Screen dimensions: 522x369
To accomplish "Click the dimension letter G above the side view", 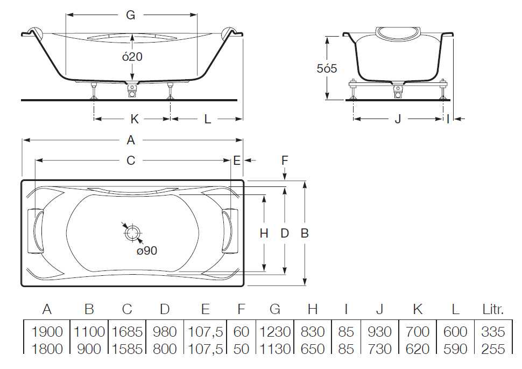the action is point(130,15).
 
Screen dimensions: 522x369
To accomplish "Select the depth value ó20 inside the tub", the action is point(132,57).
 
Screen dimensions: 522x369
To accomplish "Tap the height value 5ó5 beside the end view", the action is point(327,68).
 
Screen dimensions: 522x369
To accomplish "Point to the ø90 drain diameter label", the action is point(147,250).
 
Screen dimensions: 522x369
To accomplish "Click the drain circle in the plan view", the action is point(133,233).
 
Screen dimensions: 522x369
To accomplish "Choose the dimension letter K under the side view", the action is point(134,119).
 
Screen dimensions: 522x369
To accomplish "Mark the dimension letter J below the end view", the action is point(398,119).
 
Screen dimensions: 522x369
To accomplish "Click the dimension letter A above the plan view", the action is point(131,140).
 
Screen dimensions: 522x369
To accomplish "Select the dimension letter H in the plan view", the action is point(264,233).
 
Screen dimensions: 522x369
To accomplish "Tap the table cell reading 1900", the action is point(47,332).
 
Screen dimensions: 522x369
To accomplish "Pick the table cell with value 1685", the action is point(127,332).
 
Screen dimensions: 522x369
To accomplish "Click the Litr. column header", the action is point(493,309).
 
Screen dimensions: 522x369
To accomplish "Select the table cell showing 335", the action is point(493,332).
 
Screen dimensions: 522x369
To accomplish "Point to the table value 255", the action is point(493,349).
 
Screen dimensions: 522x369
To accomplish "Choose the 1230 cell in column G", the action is point(274,332).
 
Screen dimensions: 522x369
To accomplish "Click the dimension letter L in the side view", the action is point(207,119).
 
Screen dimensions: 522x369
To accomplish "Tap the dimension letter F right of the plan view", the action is point(284,161).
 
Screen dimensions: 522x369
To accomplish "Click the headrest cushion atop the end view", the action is point(398,33).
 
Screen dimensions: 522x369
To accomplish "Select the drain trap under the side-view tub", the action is point(132,90).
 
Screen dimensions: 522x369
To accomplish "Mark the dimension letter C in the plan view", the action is point(131,161).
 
